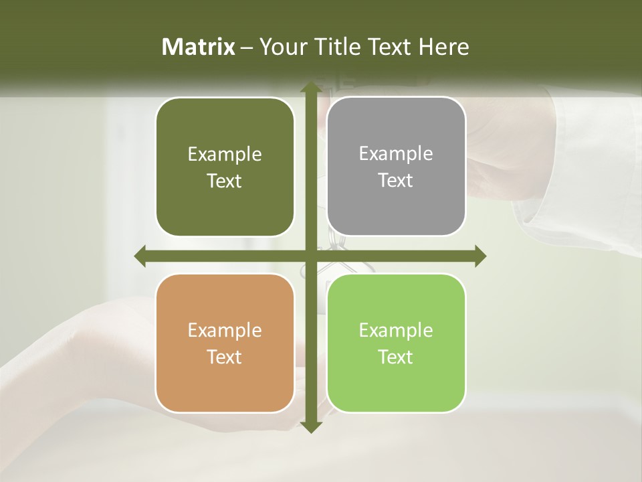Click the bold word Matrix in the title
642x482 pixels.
pos(199,47)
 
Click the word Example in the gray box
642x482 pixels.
pos(396,154)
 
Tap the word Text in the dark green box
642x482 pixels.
pos(225,181)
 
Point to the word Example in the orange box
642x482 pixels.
pos(225,331)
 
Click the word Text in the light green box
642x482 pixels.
pos(396,357)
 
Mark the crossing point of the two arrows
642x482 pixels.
pos(310,256)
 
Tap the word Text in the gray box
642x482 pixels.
pos(396,181)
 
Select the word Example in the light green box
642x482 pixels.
pos(396,330)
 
